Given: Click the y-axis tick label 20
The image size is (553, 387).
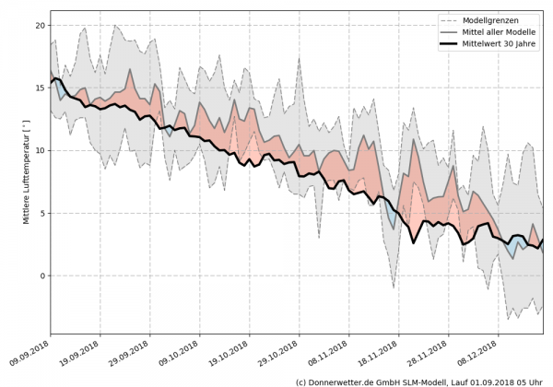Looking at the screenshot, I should pos(39,26).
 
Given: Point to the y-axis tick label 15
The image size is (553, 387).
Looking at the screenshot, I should pos(39,88).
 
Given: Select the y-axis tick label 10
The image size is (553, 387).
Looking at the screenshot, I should pos(39,151).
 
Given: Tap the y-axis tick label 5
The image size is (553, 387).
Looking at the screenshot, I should pos(41,214).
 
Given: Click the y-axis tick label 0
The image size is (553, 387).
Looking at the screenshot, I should pos(41,276).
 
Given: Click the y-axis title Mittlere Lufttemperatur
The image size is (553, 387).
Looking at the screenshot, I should pos(27,171).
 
